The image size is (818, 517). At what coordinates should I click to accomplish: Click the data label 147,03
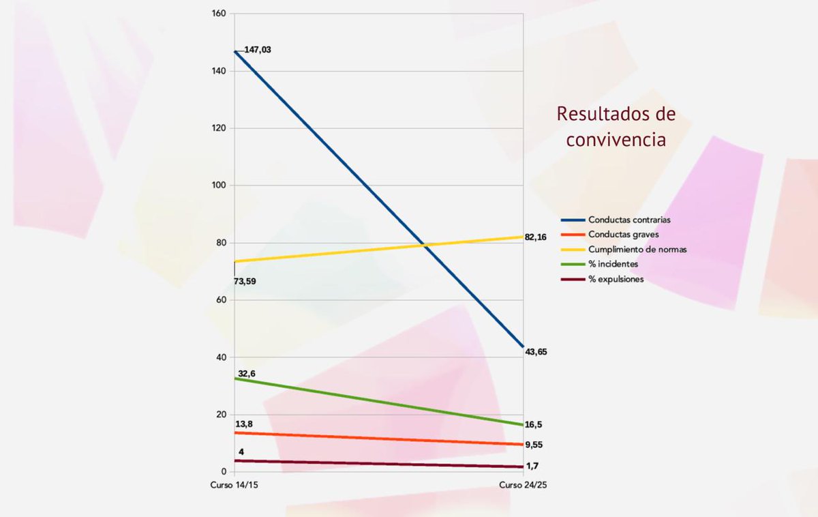(257, 50)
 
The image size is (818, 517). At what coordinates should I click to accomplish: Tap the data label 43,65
(536, 352)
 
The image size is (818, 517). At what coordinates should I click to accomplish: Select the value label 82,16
(536, 237)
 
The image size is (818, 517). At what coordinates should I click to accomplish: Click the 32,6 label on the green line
(247, 374)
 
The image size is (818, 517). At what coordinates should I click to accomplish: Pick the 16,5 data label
(534, 425)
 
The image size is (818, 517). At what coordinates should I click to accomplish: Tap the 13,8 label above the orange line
(244, 424)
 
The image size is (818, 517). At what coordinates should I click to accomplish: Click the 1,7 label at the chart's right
(532, 466)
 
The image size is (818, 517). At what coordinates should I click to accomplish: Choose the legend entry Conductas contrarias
(629, 220)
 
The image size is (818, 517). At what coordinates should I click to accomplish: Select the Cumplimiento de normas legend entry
(637, 250)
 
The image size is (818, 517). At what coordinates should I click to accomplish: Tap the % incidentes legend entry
(613, 264)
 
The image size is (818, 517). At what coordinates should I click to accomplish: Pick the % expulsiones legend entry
(616, 279)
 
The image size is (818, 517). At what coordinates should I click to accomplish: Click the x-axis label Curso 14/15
(233, 485)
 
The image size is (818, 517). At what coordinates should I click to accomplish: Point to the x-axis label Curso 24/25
(523, 485)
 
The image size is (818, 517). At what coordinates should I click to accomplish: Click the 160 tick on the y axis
(219, 14)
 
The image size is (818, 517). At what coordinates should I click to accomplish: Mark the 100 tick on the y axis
(219, 186)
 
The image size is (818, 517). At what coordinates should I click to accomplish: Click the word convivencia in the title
(616, 140)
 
